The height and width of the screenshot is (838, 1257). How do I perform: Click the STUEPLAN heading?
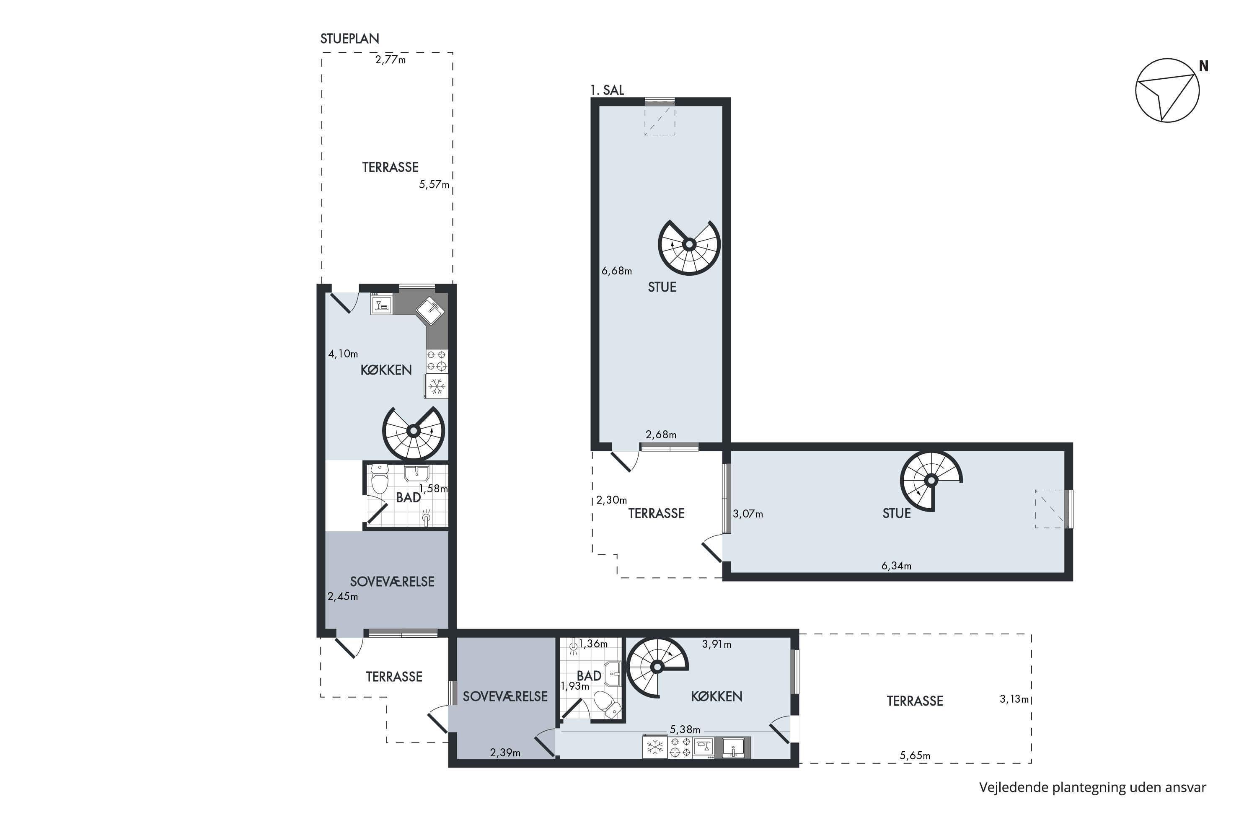(349, 39)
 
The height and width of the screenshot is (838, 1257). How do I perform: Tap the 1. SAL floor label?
(607, 90)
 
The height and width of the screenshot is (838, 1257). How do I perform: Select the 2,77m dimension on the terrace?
(390, 59)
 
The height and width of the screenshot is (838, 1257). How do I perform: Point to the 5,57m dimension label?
(434, 184)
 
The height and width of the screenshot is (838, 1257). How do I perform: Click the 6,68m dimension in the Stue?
(617, 271)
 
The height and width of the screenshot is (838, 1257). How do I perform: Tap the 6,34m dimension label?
(896, 565)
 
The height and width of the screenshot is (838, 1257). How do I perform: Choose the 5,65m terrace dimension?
(915, 755)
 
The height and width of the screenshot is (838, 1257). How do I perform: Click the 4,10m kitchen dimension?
(343, 353)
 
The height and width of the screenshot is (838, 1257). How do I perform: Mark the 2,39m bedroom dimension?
(505, 753)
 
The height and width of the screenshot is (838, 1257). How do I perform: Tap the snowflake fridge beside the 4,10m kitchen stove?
(437, 386)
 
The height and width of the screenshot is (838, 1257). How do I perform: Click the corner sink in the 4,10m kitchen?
(431, 310)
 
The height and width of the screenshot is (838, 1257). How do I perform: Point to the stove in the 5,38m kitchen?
(680, 747)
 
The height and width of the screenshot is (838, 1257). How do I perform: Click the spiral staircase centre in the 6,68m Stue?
(689, 245)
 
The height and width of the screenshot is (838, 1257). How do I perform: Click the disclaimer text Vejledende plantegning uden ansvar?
(1092, 787)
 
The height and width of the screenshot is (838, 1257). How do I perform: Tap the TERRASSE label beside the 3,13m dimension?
(915, 701)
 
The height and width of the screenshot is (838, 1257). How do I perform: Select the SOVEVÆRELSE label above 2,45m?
(392, 582)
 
